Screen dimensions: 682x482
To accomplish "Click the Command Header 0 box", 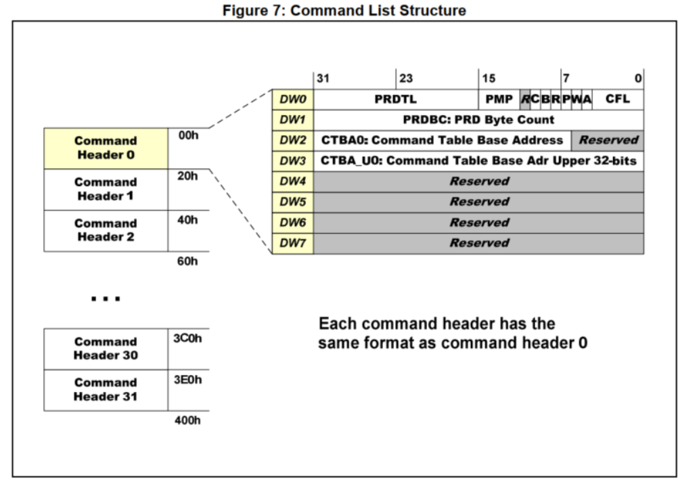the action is pos(106,148).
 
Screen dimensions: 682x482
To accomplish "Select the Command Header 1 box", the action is pos(106,190).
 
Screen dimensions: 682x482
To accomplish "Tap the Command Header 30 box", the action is pos(106,349).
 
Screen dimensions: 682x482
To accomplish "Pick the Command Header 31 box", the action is pos(106,390).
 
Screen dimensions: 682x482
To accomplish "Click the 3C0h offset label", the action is pos(187,338).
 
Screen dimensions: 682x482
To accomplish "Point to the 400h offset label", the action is pos(187,420).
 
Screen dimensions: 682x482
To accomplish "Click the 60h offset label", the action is pos(187,261).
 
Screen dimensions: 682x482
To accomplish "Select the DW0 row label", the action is pos(293,100).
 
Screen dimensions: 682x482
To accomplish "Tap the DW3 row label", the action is pos(293,161).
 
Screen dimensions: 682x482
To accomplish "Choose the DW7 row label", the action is pos(293,244).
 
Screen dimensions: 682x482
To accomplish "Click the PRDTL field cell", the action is pos(396,100).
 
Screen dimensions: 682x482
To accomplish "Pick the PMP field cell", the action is pos(499,100).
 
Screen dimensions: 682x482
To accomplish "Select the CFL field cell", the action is pos(618,100).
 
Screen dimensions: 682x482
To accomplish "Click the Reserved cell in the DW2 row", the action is pos(608,141).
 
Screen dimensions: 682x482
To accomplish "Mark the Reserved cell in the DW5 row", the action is pos(478,202).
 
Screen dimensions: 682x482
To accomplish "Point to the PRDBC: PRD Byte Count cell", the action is pos(478,121).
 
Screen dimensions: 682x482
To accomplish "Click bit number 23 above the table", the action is pos(406,79).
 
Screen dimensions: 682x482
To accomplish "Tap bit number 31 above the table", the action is pos(323,79).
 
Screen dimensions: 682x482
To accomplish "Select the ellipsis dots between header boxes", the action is pos(106,299).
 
